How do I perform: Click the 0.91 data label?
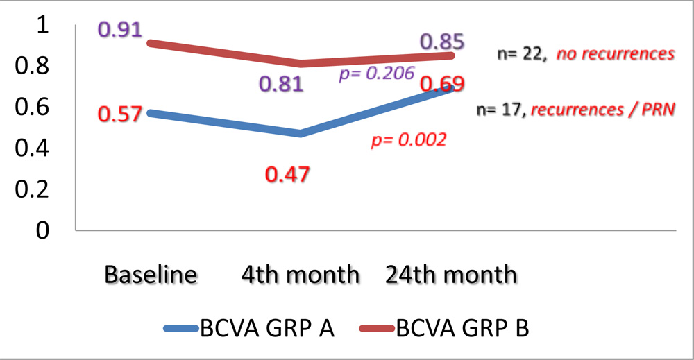point(120,31)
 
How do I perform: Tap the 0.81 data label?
point(282,85)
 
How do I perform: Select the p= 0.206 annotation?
point(376,74)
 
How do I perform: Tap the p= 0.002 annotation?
point(409,140)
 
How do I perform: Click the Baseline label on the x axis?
point(151,275)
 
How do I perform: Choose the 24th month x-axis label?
point(451,275)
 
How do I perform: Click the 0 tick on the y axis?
point(43,230)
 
